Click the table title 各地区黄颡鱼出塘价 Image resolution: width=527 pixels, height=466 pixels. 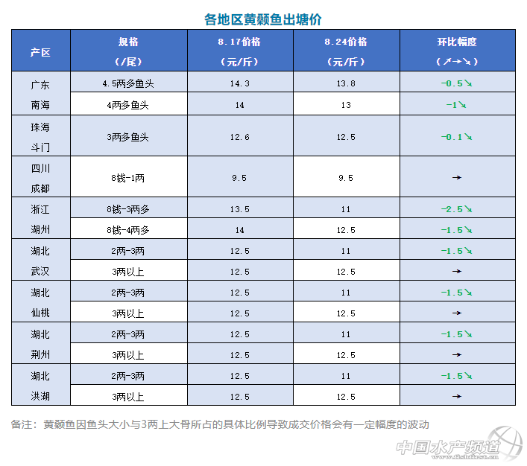[x=263, y=19]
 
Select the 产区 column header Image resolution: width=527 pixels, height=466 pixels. [x=41, y=51]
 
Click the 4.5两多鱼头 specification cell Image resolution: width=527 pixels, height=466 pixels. [x=127, y=84]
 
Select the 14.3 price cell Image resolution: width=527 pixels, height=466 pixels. [x=240, y=84]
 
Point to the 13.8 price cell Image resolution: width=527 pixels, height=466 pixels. [x=346, y=84]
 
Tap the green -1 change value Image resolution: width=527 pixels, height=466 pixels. [x=451, y=105]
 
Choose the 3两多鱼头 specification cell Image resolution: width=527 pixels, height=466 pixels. [x=127, y=137]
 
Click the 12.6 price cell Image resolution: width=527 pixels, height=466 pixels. [x=240, y=137]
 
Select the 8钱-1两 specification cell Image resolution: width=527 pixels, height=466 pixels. [x=127, y=178]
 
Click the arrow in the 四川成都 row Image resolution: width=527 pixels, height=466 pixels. [x=457, y=178]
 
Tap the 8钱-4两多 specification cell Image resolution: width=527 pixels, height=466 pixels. [x=127, y=230]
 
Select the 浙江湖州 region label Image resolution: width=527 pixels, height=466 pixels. [x=41, y=220]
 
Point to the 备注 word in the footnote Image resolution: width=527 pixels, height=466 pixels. [x=22, y=425]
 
